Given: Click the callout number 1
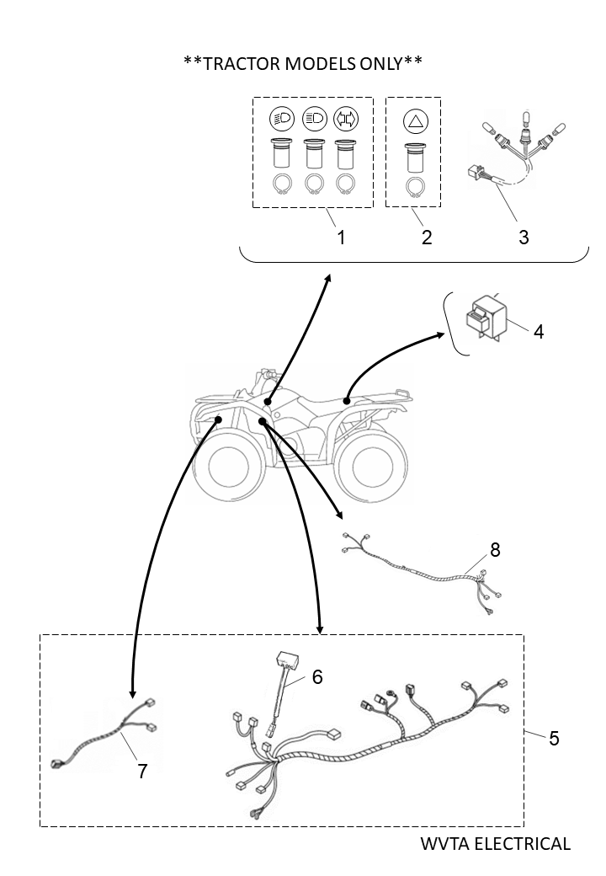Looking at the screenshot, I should [x=341, y=238].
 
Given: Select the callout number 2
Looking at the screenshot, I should [x=427, y=238].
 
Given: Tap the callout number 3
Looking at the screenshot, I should [x=524, y=238].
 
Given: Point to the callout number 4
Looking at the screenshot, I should [x=538, y=331].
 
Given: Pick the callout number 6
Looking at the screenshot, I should [x=317, y=676].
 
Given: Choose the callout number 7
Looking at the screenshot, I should [x=142, y=771].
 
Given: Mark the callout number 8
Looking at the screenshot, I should [x=495, y=549].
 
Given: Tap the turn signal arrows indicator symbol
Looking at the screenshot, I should [x=344, y=118].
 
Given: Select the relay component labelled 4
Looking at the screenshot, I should [x=486, y=318].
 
